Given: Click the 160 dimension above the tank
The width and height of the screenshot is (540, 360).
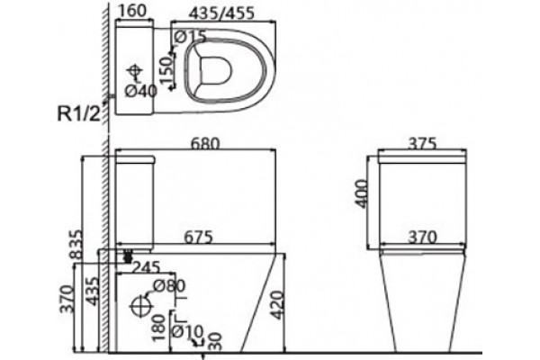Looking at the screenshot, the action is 132,11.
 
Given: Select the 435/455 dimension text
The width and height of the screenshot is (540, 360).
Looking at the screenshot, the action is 222,13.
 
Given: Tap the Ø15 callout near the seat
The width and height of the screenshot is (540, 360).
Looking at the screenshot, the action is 191,37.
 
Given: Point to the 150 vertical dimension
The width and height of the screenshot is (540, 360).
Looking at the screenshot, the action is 166,70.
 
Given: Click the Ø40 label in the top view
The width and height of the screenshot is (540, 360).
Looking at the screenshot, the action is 141,91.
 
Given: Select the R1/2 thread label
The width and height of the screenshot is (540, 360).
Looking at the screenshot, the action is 78,113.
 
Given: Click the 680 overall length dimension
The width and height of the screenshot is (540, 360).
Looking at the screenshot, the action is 204,143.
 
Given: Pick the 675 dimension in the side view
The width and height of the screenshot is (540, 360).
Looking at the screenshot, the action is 198,238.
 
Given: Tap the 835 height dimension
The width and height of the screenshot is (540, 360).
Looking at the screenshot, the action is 76,244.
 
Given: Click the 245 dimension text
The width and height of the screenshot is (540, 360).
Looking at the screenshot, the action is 147,267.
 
